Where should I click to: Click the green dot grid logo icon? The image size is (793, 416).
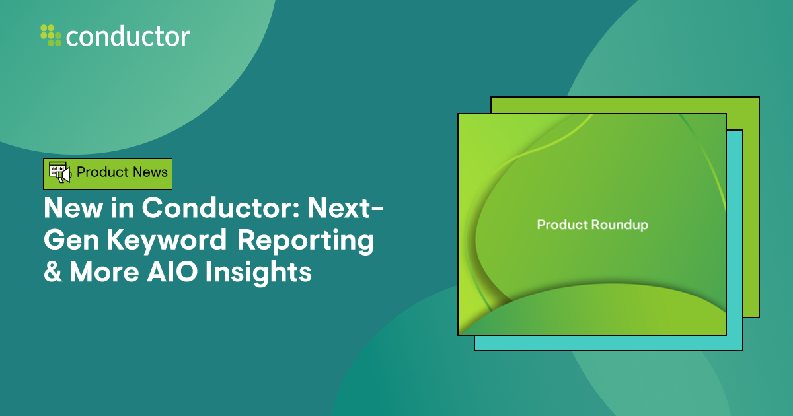[x=51, y=35]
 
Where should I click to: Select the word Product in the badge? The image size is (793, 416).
[x=101, y=172]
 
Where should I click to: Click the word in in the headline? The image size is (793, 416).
[x=124, y=209]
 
